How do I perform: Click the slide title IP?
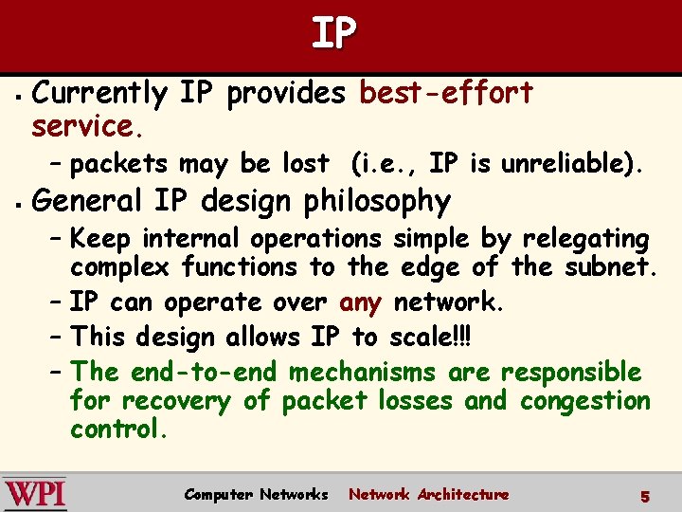[x=334, y=33]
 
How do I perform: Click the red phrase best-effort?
[x=446, y=93]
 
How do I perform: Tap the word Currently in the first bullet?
[x=99, y=94]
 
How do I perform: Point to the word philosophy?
[x=378, y=201]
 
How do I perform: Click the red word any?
[x=360, y=302]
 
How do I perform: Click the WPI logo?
[x=34, y=493]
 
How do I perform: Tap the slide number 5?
[x=644, y=495]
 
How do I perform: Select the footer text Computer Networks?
[x=256, y=494]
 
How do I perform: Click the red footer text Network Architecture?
[x=428, y=494]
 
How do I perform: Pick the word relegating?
[x=585, y=238]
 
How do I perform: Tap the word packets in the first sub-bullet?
[x=120, y=164]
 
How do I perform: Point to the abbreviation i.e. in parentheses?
[x=385, y=163]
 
